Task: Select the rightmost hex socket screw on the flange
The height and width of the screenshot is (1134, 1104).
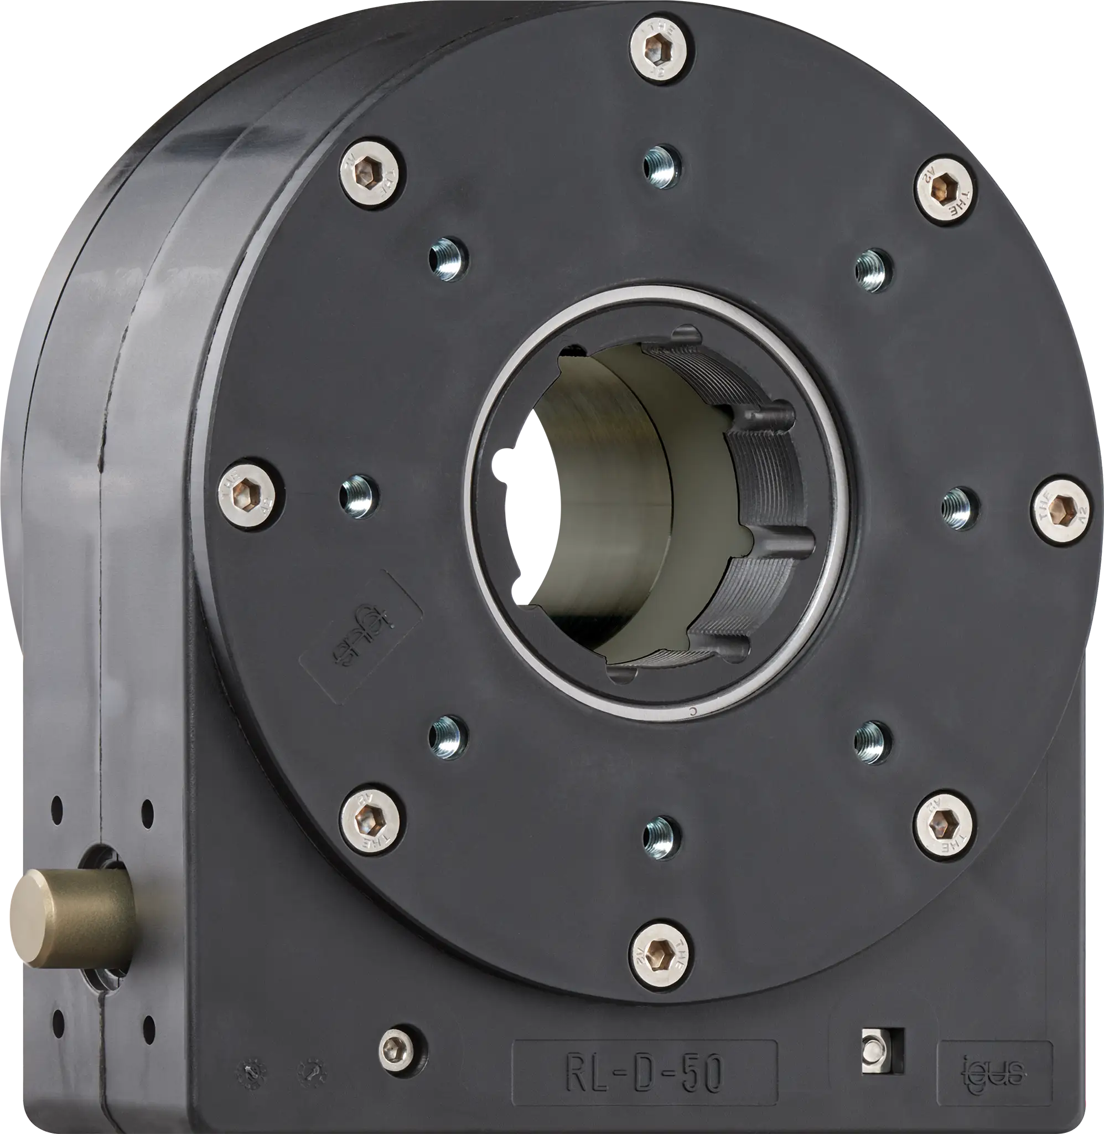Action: (1064, 507)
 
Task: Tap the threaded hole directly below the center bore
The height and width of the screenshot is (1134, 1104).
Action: (662, 837)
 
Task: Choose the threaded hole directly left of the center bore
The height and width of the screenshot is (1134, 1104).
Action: (360, 496)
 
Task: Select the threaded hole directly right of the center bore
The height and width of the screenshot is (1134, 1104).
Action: (960, 508)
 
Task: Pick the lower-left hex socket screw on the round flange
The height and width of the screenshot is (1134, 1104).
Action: (372, 821)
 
